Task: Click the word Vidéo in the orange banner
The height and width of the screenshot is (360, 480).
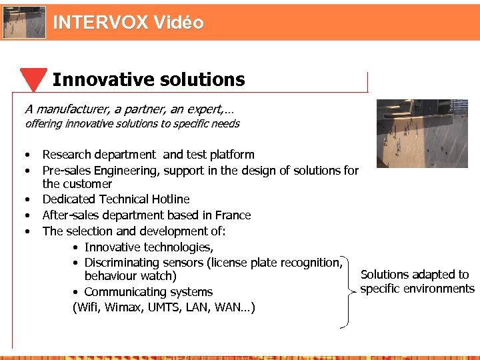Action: point(178,23)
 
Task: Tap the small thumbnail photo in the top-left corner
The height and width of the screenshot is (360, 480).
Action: point(25,22)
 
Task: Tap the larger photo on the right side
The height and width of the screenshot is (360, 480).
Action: point(422,133)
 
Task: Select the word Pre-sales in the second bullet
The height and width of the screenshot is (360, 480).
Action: point(68,171)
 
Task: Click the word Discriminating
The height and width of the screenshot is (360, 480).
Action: point(125,263)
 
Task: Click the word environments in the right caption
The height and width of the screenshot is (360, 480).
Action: point(441,289)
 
